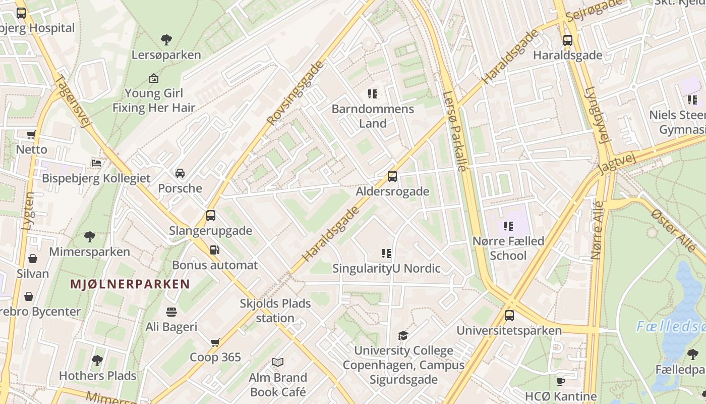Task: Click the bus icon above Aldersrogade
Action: click(392, 176)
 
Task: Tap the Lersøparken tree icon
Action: click(166, 39)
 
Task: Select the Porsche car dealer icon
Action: click(180, 173)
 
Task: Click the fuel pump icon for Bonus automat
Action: click(214, 249)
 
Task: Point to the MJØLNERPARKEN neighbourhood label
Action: click(130, 284)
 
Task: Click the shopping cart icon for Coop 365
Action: click(215, 342)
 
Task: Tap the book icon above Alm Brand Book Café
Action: click(278, 362)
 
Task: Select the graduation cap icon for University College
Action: click(403, 335)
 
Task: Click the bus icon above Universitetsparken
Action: click(509, 316)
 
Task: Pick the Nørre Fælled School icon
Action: click(508, 226)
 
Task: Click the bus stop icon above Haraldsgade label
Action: click(568, 40)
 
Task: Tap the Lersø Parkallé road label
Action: click(454, 131)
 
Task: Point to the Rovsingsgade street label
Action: click(295, 93)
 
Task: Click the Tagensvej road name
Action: click(72, 101)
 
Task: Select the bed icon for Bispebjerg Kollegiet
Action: click(96, 163)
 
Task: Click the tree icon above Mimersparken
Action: click(90, 236)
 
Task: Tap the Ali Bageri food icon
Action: click(171, 312)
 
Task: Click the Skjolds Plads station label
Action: click(275, 311)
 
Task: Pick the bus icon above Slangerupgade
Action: click(211, 216)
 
